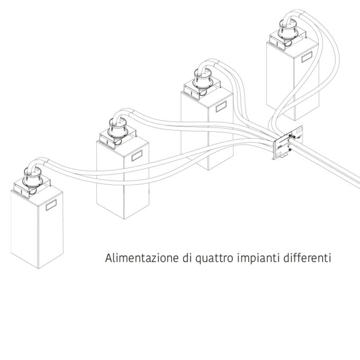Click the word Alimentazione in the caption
pos(142,258)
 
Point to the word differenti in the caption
pos(307,258)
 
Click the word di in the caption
pos(187,258)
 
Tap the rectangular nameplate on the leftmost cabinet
pos(51,205)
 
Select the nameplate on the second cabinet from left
pos(137,156)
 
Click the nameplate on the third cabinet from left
pos(221,106)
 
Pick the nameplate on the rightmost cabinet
pos(307,57)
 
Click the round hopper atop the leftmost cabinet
pos(33,177)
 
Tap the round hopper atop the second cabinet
pos(118,128)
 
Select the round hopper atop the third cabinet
pos(203,79)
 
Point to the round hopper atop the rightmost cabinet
pos(288,30)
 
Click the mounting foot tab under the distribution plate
pos(284,156)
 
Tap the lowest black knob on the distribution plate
pos(290,150)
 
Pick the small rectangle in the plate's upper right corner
pos(299,131)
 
